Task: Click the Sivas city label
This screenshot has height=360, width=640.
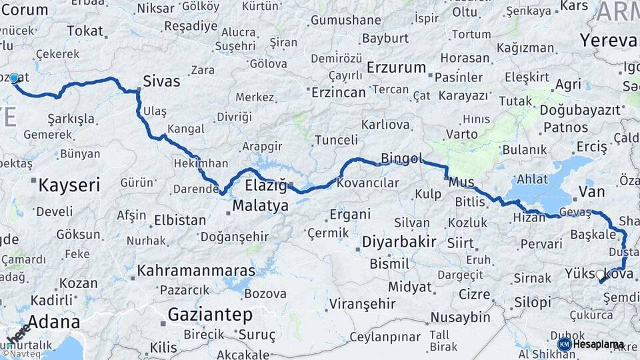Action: (161, 82)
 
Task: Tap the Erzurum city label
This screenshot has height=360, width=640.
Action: (396, 68)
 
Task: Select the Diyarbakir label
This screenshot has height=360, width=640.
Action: (399, 242)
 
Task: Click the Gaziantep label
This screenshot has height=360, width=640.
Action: (210, 314)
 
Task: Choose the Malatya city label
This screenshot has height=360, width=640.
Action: (260, 205)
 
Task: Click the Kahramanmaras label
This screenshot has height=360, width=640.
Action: (196, 271)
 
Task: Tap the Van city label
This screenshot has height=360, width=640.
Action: (591, 192)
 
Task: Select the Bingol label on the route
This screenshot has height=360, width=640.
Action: (401, 159)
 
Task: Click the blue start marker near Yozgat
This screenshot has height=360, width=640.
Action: (14, 78)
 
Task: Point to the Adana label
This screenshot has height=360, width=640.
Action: (48, 323)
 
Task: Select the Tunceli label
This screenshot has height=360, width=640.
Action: (336, 140)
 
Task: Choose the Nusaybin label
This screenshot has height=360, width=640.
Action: (460, 317)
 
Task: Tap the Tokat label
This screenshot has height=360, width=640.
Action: (85, 31)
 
